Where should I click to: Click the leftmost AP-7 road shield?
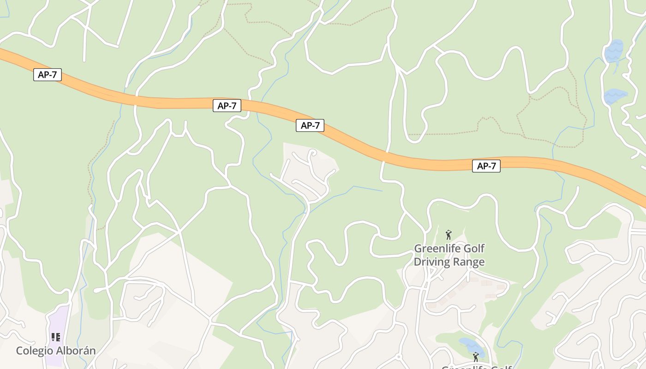pyautogui.click(x=48, y=75)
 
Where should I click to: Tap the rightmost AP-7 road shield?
pyautogui.click(x=486, y=166)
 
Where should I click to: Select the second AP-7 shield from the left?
pyautogui.click(x=227, y=106)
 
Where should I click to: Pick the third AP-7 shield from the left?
pyautogui.click(x=310, y=125)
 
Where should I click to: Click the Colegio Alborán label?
pyautogui.click(x=56, y=351)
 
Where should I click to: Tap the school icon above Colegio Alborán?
pyautogui.click(x=56, y=337)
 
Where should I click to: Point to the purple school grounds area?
pyautogui.click(x=57, y=323)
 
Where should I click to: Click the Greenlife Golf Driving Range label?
pyautogui.click(x=449, y=255)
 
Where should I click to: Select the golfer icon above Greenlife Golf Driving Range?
pyautogui.click(x=448, y=235)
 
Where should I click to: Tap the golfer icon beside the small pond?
pyautogui.click(x=476, y=357)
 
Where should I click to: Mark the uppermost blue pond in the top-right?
pyautogui.click(x=614, y=50)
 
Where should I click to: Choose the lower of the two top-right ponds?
pyautogui.click(x=615, y=96)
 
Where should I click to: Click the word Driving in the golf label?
pyautogui.click(x=432, y=262)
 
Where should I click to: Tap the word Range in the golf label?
pyautogui.click(x=469, y=262)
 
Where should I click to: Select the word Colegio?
pyautogui.click(x=35, y=351)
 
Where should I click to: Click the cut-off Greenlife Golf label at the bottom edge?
pyautogui.click(x=476, y=367)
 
